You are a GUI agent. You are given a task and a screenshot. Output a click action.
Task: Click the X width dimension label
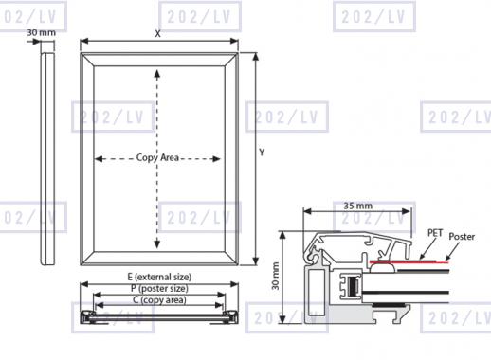coord(157,33)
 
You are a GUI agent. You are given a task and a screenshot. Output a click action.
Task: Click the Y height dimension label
coord(262,153)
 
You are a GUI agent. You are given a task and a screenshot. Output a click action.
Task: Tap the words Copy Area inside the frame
coord(157,157)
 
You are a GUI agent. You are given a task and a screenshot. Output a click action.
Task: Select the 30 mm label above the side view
coord(41,32)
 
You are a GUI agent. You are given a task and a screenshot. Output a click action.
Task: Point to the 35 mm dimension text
coord(358,206)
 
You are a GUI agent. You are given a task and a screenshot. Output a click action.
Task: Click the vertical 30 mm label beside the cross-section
coord(276,276)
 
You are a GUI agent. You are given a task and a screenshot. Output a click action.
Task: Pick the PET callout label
coord(435,233)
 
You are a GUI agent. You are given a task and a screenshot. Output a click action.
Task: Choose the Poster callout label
coord(462,236)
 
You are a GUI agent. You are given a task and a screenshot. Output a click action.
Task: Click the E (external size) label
coord(159,277)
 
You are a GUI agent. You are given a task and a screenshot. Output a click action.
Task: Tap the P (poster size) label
coord(159,288)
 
